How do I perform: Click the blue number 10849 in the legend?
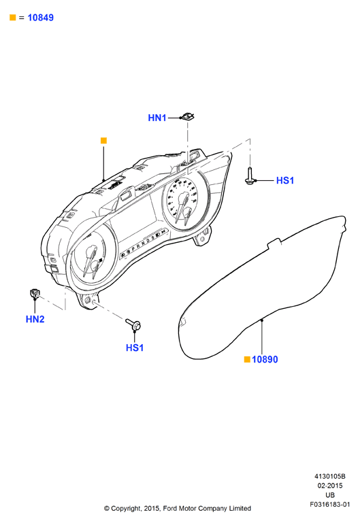click(40, 18)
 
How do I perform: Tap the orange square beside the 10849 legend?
click(13, 18)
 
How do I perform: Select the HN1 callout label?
click(157, 118)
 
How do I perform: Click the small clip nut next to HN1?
click(188, 117)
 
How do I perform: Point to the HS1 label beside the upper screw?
click(285, 180)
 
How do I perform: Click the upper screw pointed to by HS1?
click(249, 175)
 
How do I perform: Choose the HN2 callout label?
click(35, 319)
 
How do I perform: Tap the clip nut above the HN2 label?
click(35, 294)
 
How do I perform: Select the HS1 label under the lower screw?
click(135, 348)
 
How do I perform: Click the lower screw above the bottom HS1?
click(133, 324)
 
